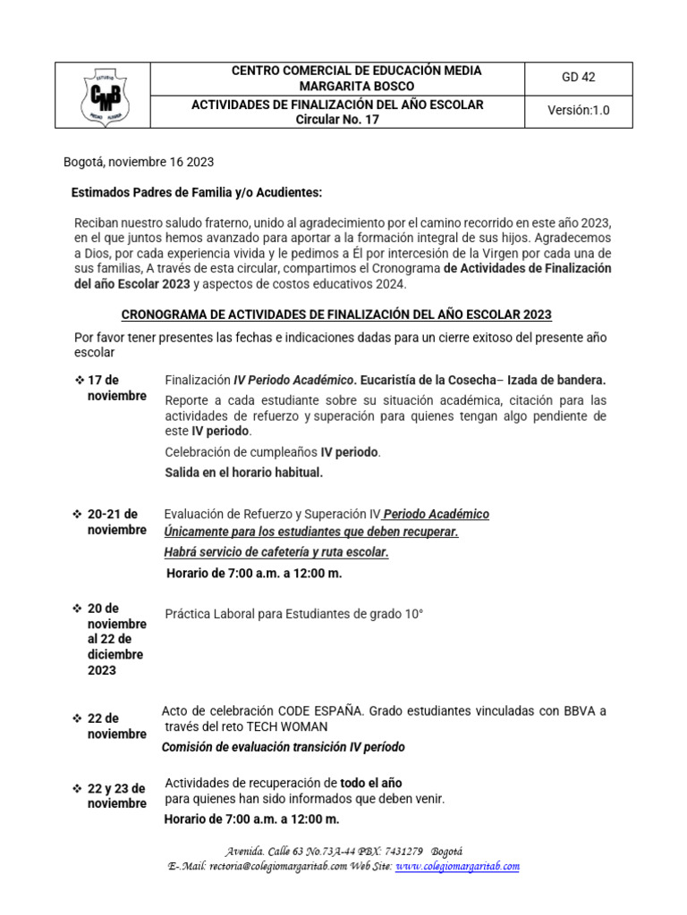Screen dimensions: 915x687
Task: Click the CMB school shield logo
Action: click(103, 95)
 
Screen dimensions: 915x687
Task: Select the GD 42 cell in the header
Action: click(578, 78)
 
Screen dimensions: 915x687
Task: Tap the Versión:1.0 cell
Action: click(578, 111)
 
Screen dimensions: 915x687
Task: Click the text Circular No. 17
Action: click(337, 120)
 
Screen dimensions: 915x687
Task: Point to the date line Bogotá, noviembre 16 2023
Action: click(139, 162)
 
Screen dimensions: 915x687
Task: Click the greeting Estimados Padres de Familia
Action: click(196, 193)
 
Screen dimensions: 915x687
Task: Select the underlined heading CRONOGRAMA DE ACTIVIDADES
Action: click(336, 315)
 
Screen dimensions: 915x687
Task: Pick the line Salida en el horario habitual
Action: click(243, 472)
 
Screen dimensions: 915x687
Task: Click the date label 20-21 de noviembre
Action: click(115, 522)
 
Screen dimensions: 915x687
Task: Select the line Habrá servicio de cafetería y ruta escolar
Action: click(276, 552)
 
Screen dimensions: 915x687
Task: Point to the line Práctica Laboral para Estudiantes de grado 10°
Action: click(293, 614)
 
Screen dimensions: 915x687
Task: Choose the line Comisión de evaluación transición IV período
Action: click(284, 747)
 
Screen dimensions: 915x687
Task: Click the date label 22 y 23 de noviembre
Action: click(116, 796)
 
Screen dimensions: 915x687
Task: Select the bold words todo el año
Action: click(371, 783)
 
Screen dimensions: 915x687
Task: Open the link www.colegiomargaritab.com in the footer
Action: click(457, 867)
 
